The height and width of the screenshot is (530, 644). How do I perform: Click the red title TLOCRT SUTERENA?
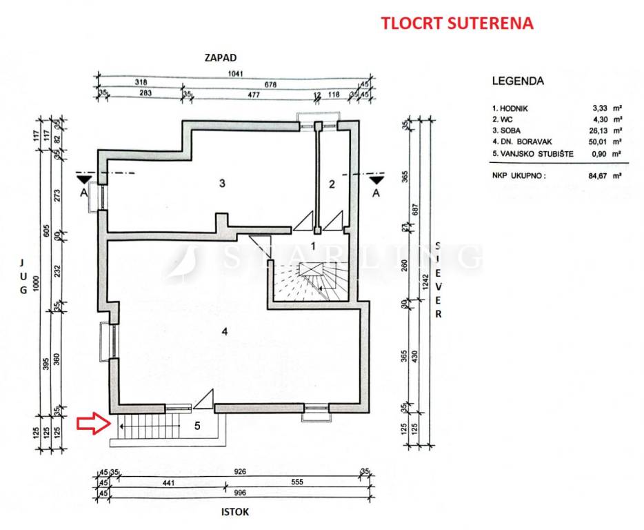point(457,23)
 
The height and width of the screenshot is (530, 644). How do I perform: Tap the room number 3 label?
point(222,184)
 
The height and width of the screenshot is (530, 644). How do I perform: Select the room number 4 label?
point(224,331)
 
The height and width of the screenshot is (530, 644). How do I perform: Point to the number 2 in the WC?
point(332,184)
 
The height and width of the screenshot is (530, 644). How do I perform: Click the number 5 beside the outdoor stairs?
point(197,426)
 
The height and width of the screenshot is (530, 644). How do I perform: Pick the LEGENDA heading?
point(518,81)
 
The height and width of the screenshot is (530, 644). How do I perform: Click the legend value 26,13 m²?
point(607,130)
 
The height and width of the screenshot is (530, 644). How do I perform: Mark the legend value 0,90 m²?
point(607,153)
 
